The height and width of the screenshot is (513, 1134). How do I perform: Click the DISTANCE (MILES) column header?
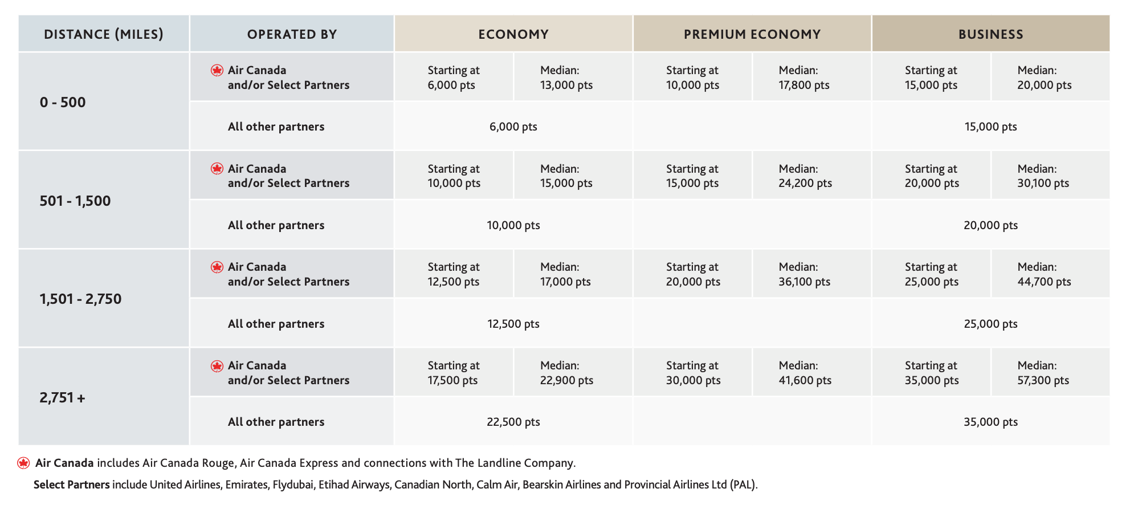104,34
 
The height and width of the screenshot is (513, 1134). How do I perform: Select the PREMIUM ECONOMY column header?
752,34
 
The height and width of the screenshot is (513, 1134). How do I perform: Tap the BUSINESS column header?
991,34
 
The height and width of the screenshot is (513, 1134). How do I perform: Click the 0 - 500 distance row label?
63,102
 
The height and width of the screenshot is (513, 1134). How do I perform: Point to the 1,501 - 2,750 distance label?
80,299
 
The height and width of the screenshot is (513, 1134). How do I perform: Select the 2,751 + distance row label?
62,397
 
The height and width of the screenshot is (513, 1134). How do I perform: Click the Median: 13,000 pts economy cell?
566,78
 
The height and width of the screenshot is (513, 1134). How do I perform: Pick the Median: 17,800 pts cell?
804,78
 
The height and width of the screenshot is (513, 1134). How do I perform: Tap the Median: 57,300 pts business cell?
1043,373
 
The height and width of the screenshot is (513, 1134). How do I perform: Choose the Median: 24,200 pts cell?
805,176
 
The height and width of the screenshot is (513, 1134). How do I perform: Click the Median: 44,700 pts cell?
1044,274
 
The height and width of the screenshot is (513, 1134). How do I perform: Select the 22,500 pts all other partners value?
513,422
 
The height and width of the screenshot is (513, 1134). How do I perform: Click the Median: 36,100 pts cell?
805,274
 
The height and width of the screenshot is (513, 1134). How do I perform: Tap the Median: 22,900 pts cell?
566,373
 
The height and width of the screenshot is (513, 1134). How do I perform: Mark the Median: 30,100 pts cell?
1043,176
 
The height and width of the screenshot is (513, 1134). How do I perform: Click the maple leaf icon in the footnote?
23,463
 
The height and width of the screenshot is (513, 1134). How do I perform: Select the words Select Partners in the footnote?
72,484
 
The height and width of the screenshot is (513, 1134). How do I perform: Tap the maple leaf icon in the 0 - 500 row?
217,70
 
